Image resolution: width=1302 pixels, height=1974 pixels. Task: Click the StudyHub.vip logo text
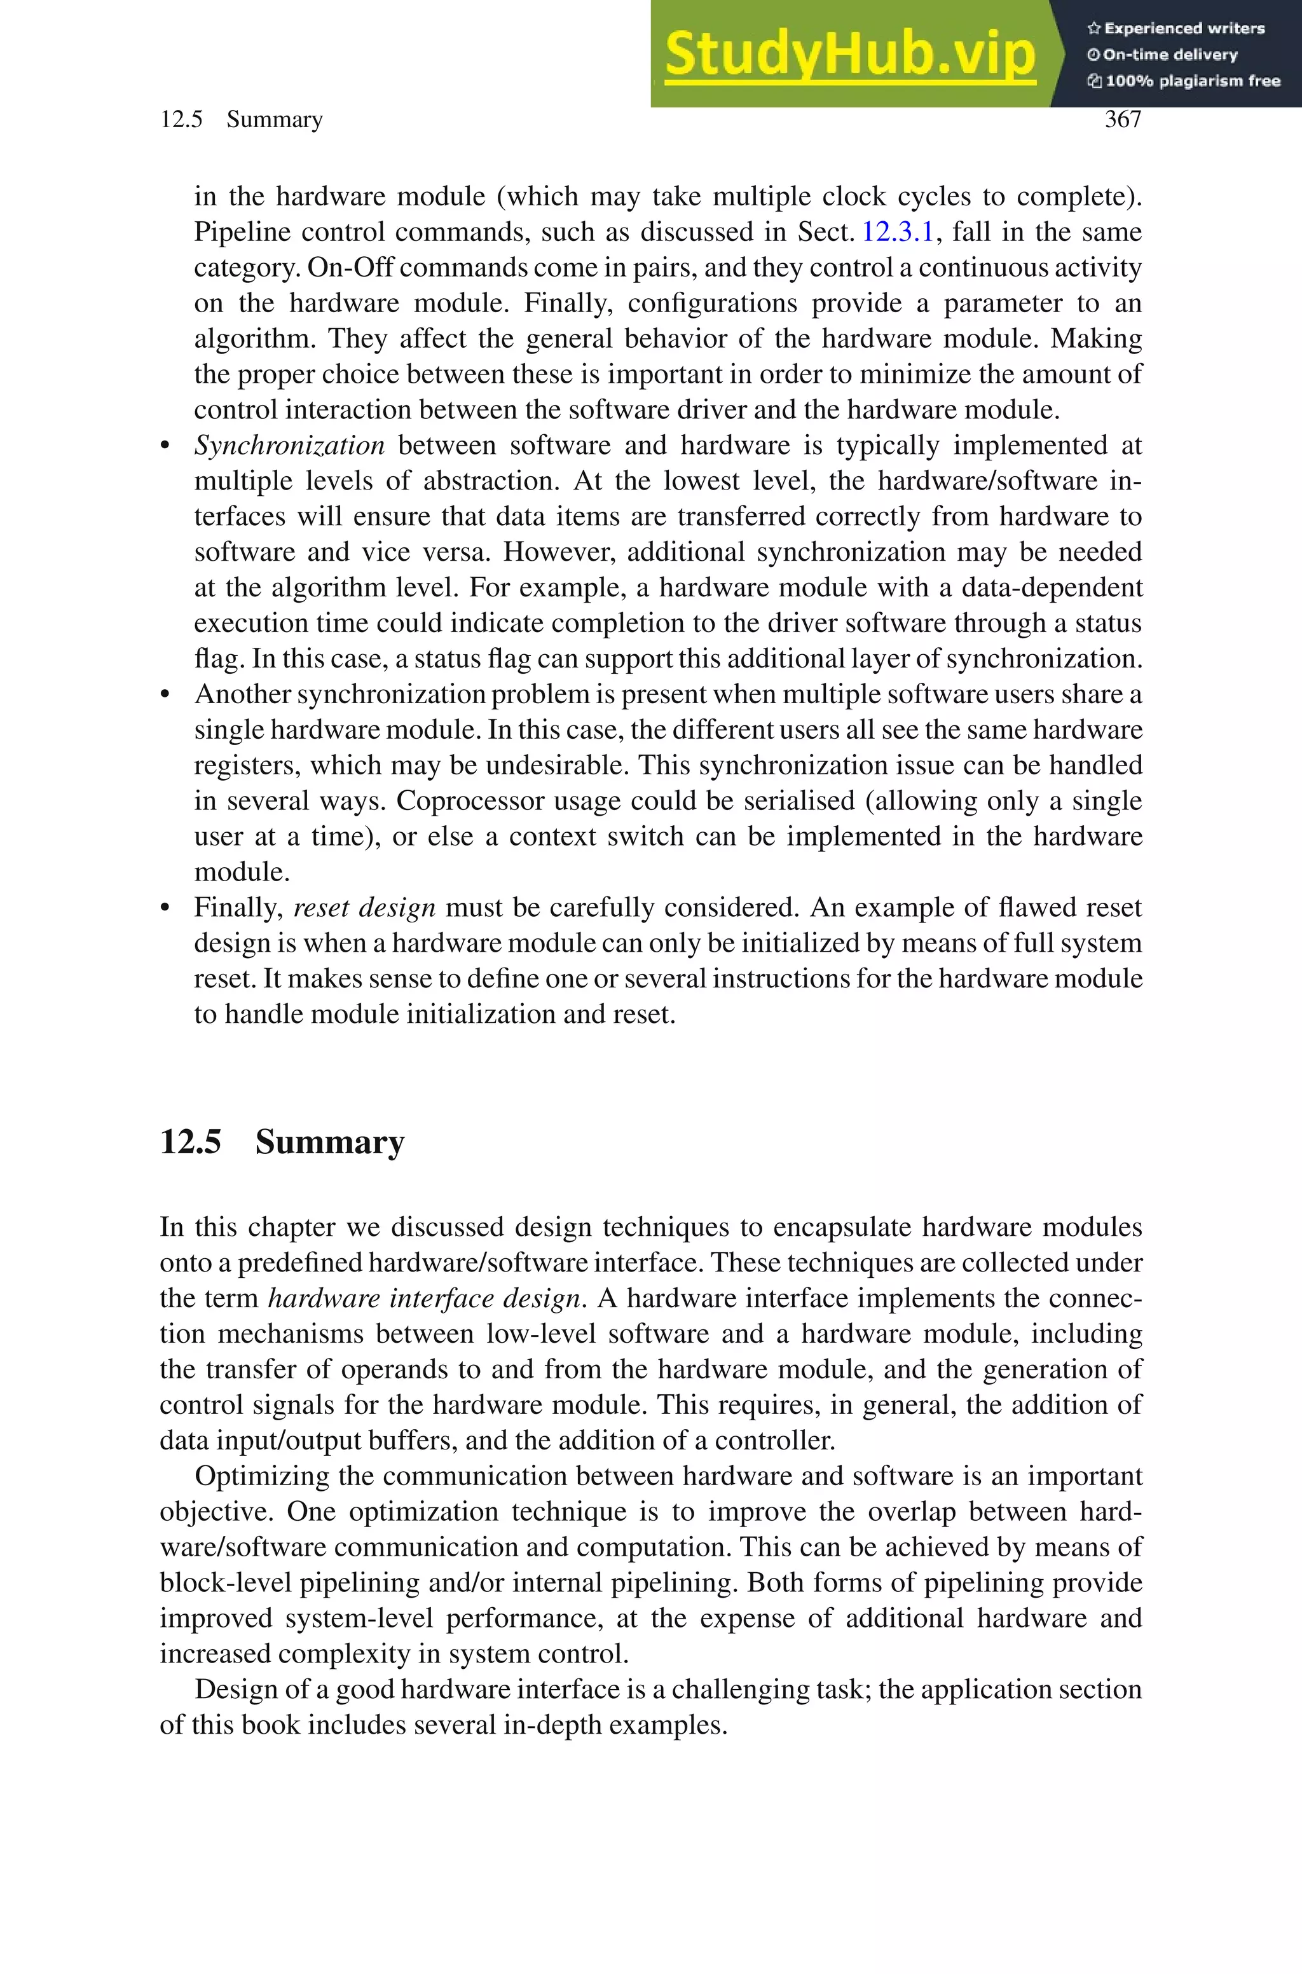coord(849,55)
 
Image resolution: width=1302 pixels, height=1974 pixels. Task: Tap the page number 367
coord(1123,120)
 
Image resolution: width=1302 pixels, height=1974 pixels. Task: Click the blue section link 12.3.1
coord(898,231)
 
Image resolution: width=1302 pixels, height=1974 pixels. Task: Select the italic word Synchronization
coord(289,446)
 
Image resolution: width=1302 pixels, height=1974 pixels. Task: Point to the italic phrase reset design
coord(364,907)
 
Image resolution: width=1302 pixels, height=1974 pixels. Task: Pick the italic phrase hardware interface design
coord(424,1298)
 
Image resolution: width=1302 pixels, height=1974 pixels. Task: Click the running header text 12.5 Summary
coord(241,120)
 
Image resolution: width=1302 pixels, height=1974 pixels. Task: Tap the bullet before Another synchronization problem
coord(166,695)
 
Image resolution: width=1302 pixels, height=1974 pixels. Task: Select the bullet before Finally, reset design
coord(166,908)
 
